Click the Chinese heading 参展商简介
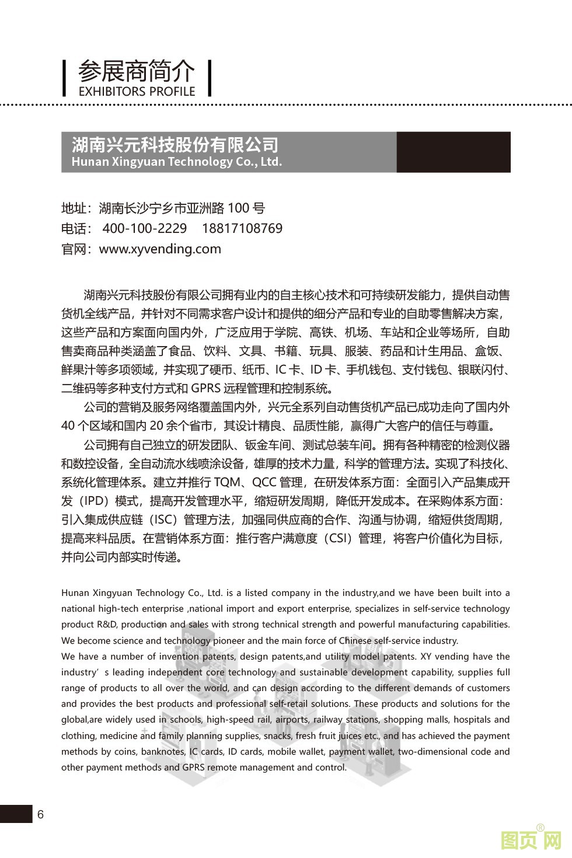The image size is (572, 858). (x=136, y=71)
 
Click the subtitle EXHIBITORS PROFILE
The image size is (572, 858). (x=137, y=91)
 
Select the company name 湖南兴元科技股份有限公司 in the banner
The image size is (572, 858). (x=175, y=144)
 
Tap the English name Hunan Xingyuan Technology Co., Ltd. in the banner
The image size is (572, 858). (x=176, y=162)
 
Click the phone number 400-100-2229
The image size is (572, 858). (x=144, y=228)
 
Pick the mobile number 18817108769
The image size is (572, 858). (x=242, y=228)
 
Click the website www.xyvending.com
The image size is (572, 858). (x=160, y=249)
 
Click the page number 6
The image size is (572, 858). (x=40, y=815)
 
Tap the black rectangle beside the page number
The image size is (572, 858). (x=16, y=814)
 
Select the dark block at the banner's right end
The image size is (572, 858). (x=453, y=152)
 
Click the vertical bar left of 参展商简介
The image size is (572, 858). (x=65, y=79)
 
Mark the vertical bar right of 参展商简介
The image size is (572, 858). (x=209, y=79)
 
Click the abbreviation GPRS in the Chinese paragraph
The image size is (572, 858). (x=207, y=389)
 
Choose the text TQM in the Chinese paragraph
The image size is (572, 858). (x=227, y=482)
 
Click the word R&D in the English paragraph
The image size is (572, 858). (x=107, y=625)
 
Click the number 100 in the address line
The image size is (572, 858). (x=238, y=208)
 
